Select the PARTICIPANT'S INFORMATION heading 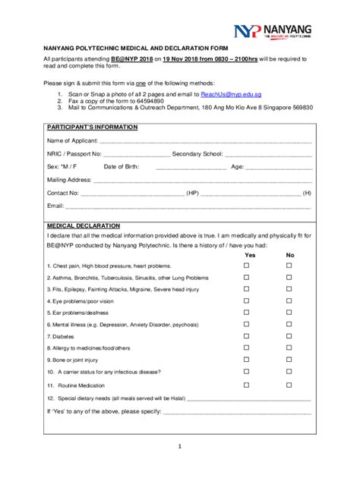point(92,127)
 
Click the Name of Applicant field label point(72,140)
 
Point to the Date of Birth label point(122,166)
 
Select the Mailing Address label point(69,180)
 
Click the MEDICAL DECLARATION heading point(84,226)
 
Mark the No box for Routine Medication point(289,385)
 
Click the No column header point(289,255)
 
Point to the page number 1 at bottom point(180,446)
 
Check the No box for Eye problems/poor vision point(289,301)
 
